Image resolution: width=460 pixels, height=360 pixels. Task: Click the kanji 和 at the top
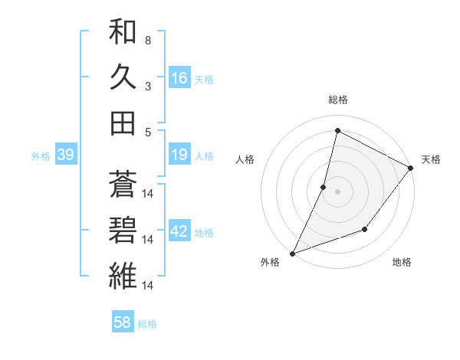pyautogui.click(x=122, y=33)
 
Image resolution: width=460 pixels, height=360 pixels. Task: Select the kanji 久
pyautogui.click(x=122, y=77)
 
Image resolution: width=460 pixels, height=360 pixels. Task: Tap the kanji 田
pyautogui.click(x=122, y=122)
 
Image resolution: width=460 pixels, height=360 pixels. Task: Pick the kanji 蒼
pyautogui.click(x=122, y=183)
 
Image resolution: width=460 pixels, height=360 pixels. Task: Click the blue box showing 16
pyautogui.click(x=179, y=77)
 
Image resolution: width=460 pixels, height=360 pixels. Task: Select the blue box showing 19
pyautogui.click(x=179, y=155)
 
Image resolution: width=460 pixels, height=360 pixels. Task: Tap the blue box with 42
pyautogui.click(x=179, y=231)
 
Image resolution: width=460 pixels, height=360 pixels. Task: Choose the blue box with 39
pyautogui.click(x=65, y=155)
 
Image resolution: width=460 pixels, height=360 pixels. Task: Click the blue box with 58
pyautogui.click(x=122, y=322)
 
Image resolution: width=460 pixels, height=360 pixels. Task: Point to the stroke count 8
pyautogui.click(x=148, y=41)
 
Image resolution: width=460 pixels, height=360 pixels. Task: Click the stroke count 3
pyautogui.click(x=148, y=86)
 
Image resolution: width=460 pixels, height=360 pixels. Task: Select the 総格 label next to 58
pyautogui.click(x=147, y=324)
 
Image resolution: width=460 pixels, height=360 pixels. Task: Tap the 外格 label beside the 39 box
pyautogui.click(x=41, y=156)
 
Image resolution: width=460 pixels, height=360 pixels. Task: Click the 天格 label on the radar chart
pyautogui.click(x=431, y=159)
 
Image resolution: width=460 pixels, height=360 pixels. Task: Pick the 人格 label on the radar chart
pyautogui.click(x=245, y=159)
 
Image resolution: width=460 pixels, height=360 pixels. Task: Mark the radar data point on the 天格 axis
pyautogui.click(x=410, y=168)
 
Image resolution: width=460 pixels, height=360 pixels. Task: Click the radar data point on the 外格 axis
pyautogui.click(x=292, y=253)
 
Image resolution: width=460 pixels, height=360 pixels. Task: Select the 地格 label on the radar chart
pyautogui.click(x=402, y=262)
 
